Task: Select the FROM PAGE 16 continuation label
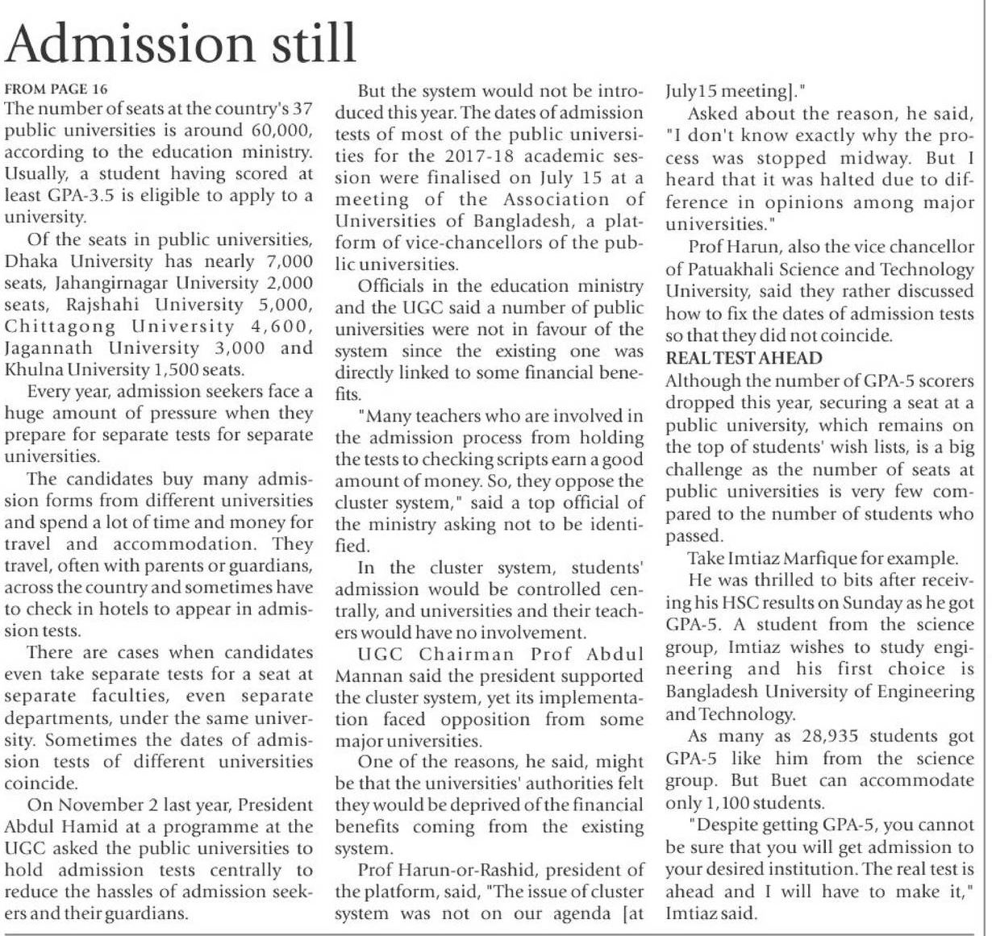coord(56,89)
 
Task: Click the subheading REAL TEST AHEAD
coord(744,359)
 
